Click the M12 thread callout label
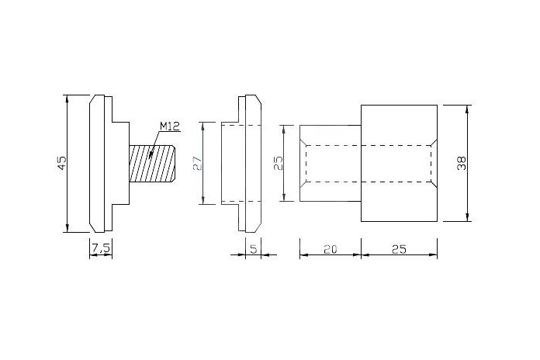click(x=170, y=126)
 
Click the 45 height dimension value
click(x=61, y=163)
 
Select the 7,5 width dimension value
click(x=101, y=247)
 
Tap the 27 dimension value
click(x=198, y=163)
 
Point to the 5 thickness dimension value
click(x=254, y=249)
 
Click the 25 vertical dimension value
click(x=278, y=163)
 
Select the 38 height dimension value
click(x=462, y=163)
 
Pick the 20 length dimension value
click(x=331, y=249)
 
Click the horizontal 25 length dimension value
click(x=399, y=249)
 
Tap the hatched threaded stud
click(x=152, y=163)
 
